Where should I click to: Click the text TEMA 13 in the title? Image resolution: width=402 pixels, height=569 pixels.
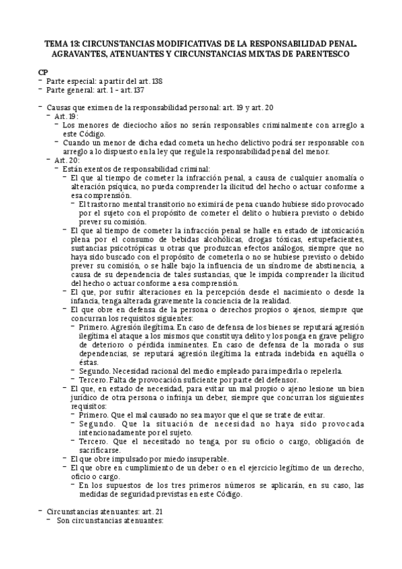[x=61, y=43]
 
